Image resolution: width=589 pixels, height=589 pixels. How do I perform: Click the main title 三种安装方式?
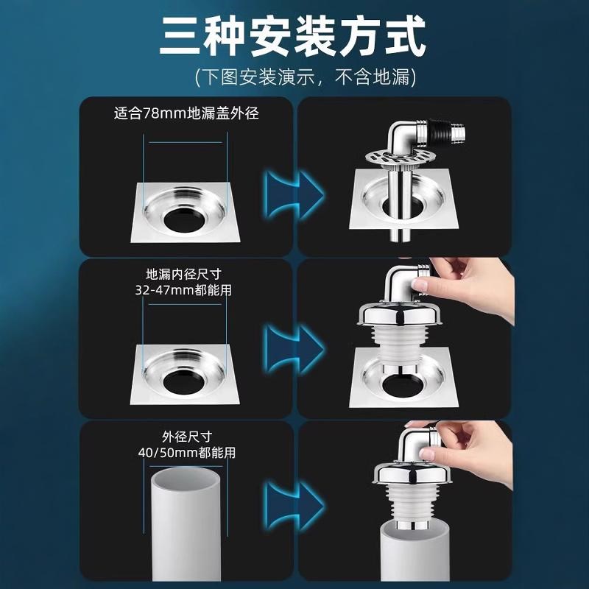click(x=294, y=37)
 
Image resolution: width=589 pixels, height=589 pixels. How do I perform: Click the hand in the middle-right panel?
click(x=471, y=283)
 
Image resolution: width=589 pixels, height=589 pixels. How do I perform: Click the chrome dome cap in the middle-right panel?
click(x=398, y=313)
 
